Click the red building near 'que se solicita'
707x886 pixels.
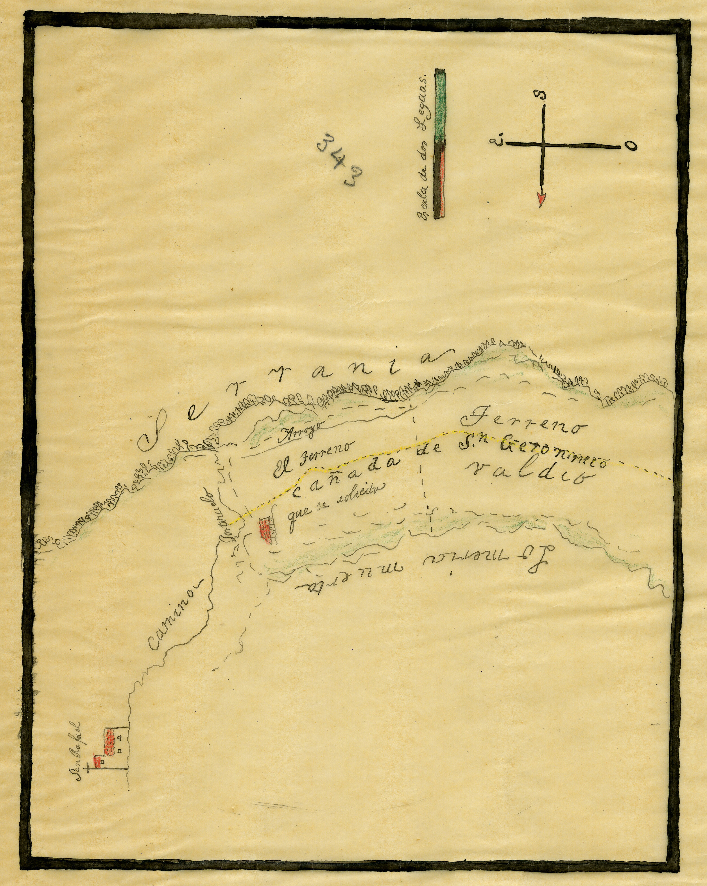pos(264,530)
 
